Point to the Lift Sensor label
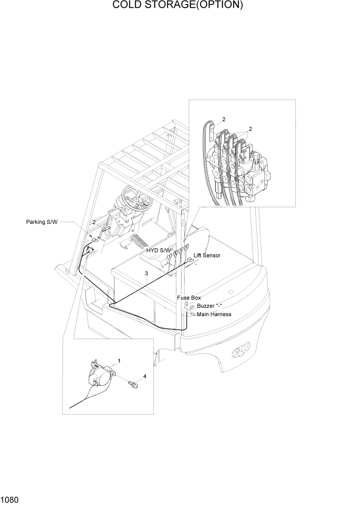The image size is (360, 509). [x=207, y=255]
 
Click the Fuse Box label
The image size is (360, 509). [x=189, y=298]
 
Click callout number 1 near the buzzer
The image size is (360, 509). [x=119, y=361]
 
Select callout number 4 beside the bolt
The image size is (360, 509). [x=145, y=376]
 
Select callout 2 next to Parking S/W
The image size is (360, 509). [x=94, y=222]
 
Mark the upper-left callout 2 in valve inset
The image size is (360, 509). [x=223, y=119]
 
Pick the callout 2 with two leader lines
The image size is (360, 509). [x=250, y=128]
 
